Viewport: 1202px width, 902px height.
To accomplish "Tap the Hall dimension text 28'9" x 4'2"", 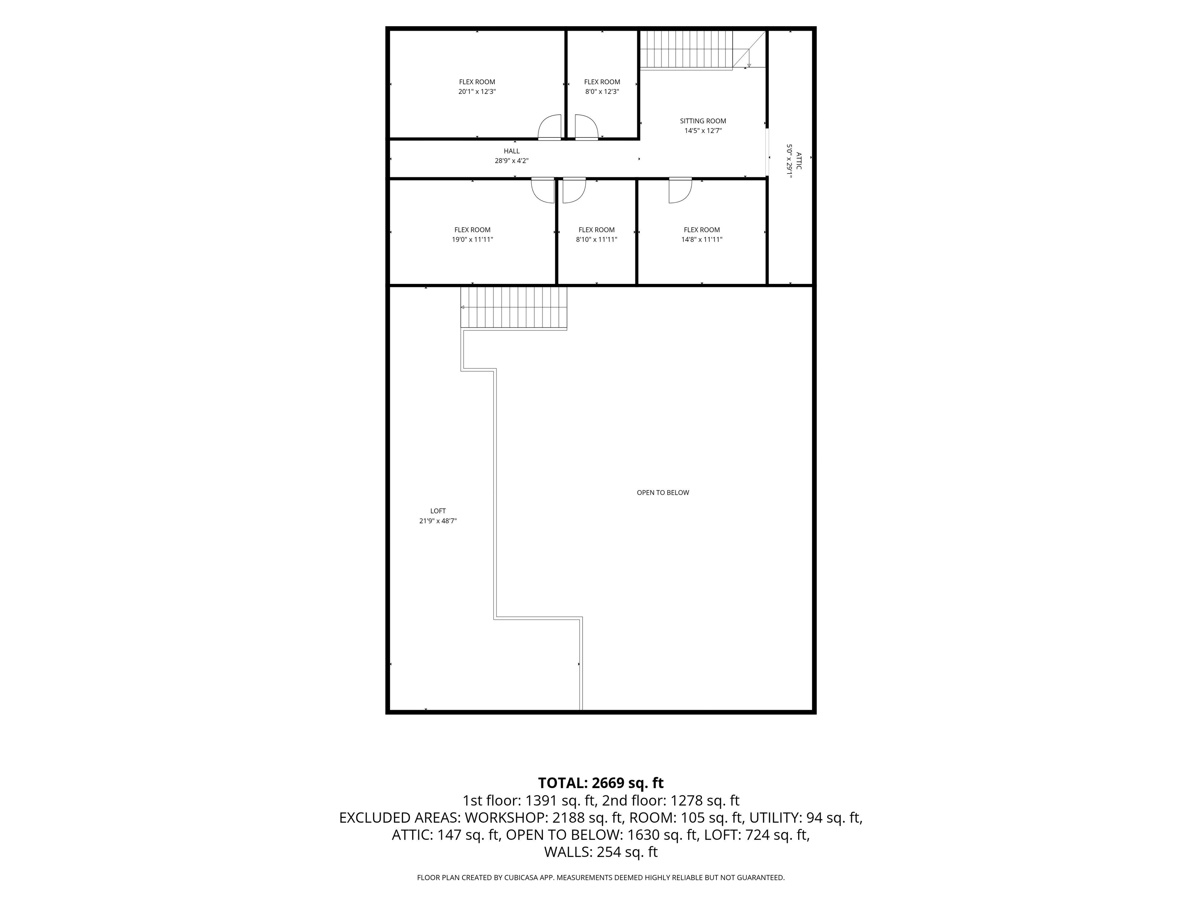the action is point(511,161).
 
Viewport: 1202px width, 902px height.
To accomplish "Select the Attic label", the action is point(798,161).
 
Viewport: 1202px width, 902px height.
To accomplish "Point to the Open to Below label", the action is point(663,492).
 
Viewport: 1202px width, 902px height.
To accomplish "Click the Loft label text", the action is point(438,511).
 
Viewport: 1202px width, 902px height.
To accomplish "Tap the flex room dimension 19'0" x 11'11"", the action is point(473,240).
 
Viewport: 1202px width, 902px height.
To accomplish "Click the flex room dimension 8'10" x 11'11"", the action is point(597,240).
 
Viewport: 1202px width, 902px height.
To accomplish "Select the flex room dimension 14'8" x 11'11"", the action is point(702,240).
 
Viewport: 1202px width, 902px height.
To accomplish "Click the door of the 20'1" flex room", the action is point(549,127).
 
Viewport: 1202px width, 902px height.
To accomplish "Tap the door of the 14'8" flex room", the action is point(680,190).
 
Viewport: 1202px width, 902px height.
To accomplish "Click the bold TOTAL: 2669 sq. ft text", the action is point(601,783).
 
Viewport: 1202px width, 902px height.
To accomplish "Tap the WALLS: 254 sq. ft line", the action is point(601,852).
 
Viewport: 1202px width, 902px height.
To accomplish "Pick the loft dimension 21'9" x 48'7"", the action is point(438,521).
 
